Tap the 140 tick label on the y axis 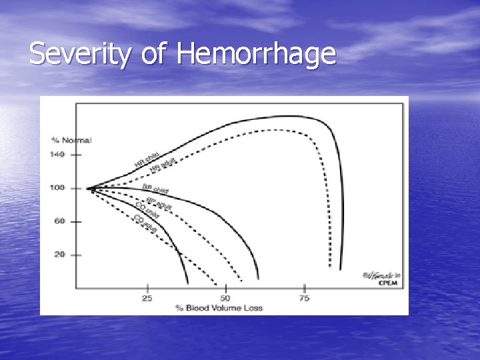pos(57,154)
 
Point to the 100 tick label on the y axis pos(57,188)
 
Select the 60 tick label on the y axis pos(59,221)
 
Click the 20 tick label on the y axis pos(59,255)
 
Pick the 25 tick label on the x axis pos(147,298)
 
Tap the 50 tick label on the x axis pos(225,298)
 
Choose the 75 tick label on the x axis pos(305,298)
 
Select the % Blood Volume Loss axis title pos(219,307)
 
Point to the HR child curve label pos(146,159)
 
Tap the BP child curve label pos(155,189)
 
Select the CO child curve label pos(147,209)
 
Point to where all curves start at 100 pos(89,188)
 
